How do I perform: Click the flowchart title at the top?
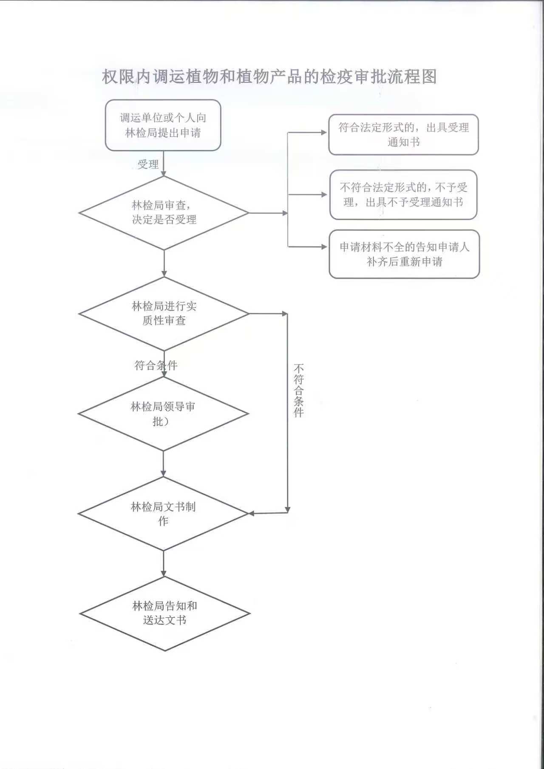coord(269,77)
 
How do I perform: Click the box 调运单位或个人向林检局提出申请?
coord(163,125)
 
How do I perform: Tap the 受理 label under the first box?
coord(148,164)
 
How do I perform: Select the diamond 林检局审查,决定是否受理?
coord(164,213)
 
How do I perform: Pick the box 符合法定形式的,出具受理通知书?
coord(403,135)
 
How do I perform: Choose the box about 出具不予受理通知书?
coord(403,195)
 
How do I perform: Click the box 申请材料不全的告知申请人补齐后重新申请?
coord(404,254)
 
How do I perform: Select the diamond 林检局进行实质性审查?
coord(164,314)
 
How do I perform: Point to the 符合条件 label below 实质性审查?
coord(156,365)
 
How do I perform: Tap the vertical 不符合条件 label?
coord(299,390)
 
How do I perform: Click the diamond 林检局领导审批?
coord(163,414)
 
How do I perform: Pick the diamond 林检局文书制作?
coord(163,514)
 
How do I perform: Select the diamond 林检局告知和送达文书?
coord(164,614)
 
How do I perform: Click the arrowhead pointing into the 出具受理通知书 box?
coord(324,133)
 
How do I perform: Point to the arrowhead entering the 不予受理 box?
coord(325,195)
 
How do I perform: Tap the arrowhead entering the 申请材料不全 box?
coord(325,246)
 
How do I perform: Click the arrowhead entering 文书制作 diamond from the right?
coord(252,514)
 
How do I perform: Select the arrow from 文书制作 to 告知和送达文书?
coord(164,564)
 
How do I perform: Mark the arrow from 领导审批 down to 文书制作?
coord(163,464)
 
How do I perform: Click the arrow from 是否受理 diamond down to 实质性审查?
coord(164,263)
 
